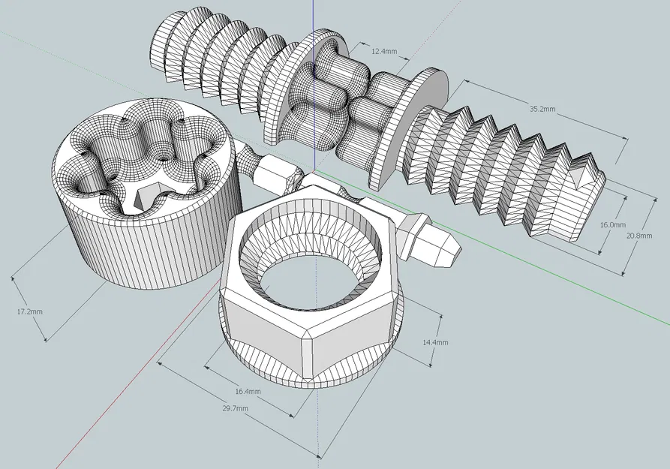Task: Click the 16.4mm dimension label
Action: pyautogui.click(x=248, y=391)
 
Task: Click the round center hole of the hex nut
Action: pyautogui.click(x=310, y=281)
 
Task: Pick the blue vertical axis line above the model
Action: pyautogui.click(x=314, y=15)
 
